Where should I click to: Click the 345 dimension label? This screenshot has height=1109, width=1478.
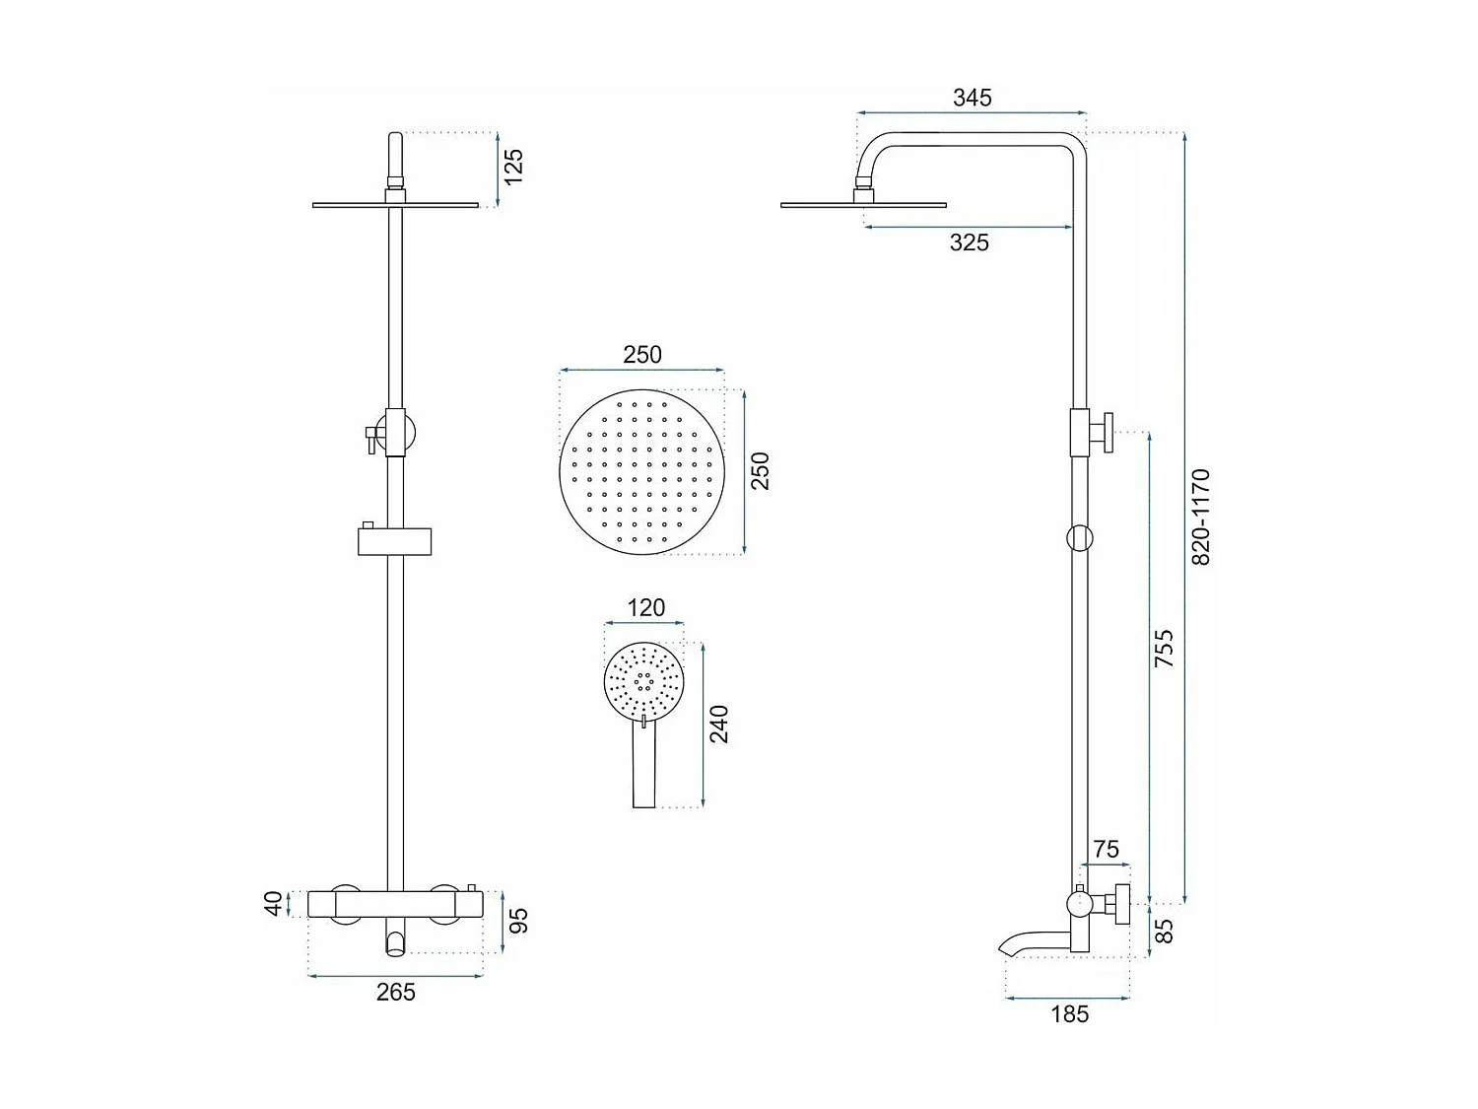click(x=972, y=98)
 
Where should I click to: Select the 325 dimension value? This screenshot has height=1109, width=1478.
click(x=969, y=243)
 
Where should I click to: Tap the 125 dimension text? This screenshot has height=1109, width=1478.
click(x=513, y=167)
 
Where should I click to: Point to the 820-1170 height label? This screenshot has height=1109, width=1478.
click(x=1200, y=517)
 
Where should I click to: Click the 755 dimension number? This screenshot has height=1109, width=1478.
click(x=1164, y=650)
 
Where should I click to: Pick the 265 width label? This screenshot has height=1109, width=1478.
click(x=396, y=993)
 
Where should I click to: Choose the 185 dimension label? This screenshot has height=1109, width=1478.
click(x=1069, y=1013)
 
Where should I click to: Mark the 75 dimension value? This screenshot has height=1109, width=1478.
click(x=1106, y=850)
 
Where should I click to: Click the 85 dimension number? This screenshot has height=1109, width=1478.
click(x=1164, y=931)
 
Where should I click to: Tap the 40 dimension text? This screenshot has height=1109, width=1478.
click(x=275, y=903)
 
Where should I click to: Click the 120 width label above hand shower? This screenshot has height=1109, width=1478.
click(x=645, y=608)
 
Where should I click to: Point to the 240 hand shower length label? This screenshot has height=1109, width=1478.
click(x=719, y=725)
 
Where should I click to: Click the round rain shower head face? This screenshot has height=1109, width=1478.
click(x=641, y=471)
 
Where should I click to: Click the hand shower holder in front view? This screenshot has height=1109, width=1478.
click(x=394, y=540)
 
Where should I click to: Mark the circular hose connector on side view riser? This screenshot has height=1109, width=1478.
click(x=1080, y=537)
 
